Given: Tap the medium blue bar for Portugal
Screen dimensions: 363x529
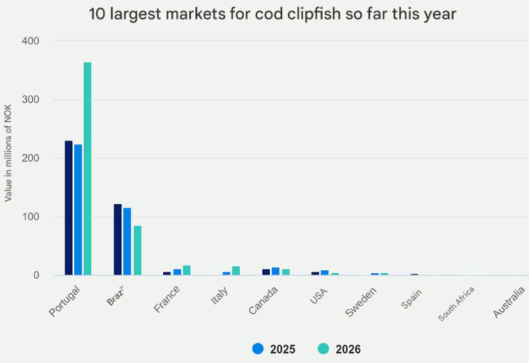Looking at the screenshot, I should coord(78,210).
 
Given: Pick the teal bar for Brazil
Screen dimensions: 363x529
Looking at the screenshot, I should coord(137,250).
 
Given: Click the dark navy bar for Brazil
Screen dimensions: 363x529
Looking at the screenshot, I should coord(118,240).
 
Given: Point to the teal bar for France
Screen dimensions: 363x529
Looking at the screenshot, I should coord(187,270).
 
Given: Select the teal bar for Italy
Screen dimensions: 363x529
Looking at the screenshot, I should coord(236,271).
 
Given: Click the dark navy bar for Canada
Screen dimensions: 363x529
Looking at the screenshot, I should coord(266,272).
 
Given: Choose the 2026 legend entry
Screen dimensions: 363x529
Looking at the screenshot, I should coord(339,349).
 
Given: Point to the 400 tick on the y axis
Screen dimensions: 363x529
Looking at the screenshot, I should coord(30,41).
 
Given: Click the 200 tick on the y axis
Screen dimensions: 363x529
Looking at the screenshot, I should coord(30,158).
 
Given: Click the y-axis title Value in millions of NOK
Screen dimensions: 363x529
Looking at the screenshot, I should coord(8,158).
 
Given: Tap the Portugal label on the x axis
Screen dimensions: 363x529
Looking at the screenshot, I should coord(66,301).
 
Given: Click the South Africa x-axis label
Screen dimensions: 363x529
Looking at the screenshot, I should coord(457,304).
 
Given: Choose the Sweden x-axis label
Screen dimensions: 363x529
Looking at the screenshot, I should coord(361,302).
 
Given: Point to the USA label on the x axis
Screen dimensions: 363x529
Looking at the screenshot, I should coord(319,296).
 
